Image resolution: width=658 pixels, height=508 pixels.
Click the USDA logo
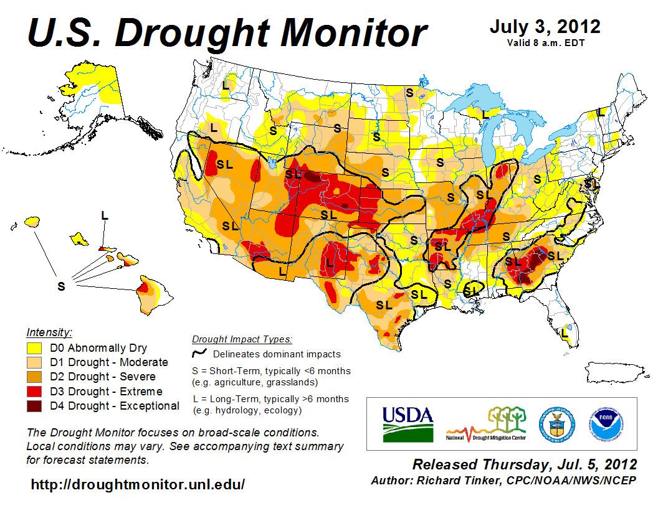pos(407,423)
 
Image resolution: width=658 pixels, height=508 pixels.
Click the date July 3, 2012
pos(545,27)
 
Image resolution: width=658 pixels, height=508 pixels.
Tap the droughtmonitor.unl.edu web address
pos(138,484)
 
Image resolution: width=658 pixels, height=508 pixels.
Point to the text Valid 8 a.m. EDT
pos(545,42)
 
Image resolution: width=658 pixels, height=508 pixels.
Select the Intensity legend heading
pos(50,332)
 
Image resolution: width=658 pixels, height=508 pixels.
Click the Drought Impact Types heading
pos(242,339)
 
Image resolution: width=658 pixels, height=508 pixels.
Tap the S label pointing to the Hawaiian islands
pos(61,286)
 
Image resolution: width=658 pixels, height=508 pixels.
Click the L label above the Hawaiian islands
pos(104,215)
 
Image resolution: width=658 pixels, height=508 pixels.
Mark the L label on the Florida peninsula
pos(565,333)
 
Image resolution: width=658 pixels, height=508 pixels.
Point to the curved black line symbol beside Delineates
pos(199,354)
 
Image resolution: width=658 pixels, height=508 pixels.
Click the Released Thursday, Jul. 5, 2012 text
pos(525,464)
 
